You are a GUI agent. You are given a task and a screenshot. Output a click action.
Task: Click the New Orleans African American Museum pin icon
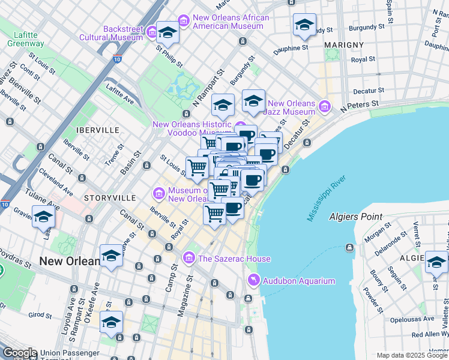183,22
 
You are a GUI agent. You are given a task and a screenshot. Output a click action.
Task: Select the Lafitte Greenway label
25,39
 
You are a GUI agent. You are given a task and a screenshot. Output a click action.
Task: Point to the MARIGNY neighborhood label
343,45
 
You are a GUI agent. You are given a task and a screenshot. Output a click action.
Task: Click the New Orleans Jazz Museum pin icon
325,107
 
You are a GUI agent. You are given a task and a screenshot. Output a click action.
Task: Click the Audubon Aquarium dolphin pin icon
253,281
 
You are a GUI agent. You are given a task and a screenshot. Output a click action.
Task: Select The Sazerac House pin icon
189,259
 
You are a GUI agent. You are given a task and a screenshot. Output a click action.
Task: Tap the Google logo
19,353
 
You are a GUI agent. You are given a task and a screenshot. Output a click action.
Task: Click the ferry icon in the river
349,247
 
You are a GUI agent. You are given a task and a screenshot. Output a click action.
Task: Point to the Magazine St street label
184,298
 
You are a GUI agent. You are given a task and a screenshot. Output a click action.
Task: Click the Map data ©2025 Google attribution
411,355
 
